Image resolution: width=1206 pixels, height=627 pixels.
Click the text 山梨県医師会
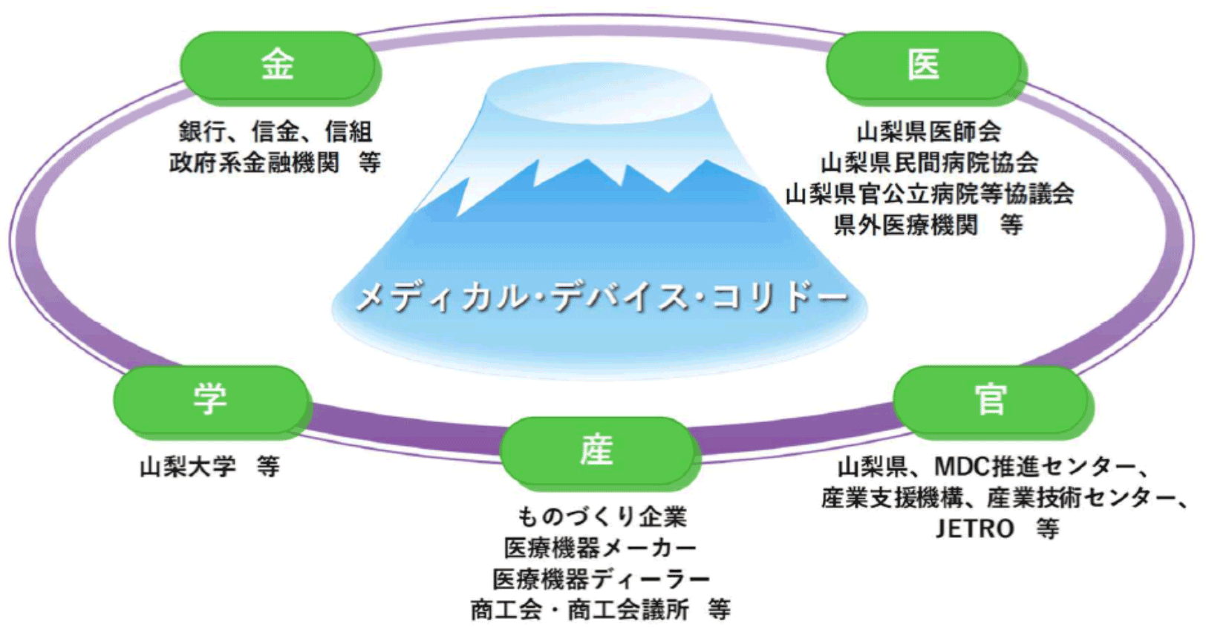coord(929,132)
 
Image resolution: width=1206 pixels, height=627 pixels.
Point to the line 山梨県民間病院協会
coord(929,163)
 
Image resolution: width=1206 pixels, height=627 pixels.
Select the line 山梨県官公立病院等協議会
coord(930,194)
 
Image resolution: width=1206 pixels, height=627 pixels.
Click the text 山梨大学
coord(188,467)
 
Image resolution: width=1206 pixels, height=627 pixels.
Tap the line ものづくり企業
coord(602,516)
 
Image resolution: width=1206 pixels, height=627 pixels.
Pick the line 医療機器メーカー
coord(601,548)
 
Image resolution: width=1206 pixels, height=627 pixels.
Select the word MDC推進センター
coord(1034,467)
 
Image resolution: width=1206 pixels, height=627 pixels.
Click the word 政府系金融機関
coord(254,163)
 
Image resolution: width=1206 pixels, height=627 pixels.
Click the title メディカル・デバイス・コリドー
coord(602,298)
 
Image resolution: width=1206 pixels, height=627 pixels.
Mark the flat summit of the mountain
coord(602,93)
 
